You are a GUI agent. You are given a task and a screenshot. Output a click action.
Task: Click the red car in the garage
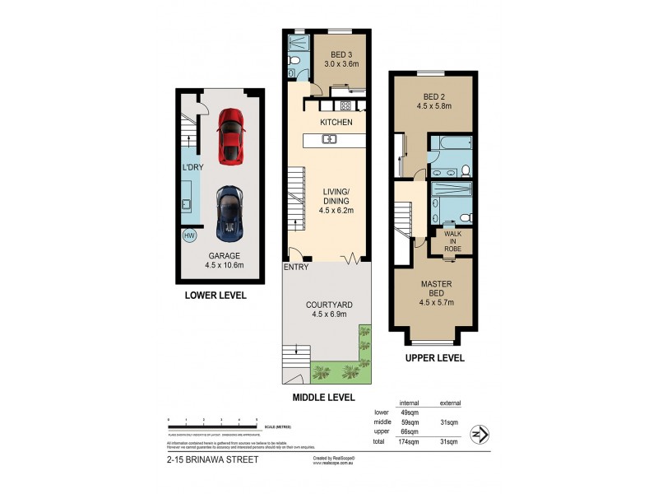click(229, 136)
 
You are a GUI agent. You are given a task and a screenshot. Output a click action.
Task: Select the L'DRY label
click(192, 168)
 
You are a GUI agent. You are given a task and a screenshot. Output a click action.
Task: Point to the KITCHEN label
click(336, 123)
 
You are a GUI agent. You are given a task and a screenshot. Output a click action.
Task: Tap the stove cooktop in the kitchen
click(345, 105)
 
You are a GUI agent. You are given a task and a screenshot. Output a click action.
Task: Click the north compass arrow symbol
click(480, 433)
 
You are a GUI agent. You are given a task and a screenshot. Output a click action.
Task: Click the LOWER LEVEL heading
click(216, 295)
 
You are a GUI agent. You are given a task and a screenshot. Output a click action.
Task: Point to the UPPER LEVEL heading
click(434, 358)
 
